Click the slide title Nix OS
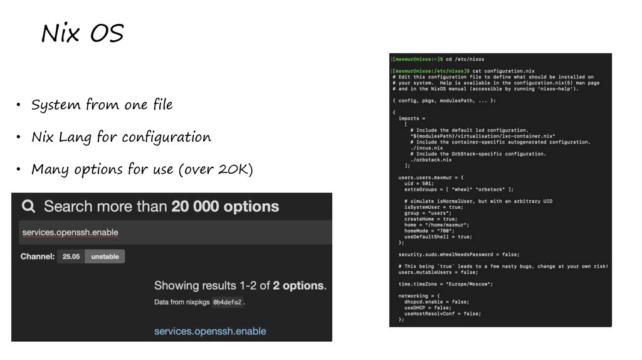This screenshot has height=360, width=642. point(82,34)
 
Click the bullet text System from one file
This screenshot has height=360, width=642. point(102,105)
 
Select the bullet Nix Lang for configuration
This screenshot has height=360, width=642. point(121,137)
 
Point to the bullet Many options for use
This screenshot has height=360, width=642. point(142,169)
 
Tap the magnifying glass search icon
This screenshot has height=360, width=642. point(28,206)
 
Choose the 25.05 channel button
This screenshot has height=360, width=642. point(71,257)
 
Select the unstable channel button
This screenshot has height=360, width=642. point(105,257)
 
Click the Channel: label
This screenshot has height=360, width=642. point(37,257)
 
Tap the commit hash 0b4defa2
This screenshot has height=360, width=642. point(227,302)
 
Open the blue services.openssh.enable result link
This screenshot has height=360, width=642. point(210,331)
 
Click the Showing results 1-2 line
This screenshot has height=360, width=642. point(240,285)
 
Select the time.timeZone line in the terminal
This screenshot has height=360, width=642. point(445,284)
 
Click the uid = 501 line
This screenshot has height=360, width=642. point(421,183)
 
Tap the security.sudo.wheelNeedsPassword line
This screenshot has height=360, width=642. point(459,254)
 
